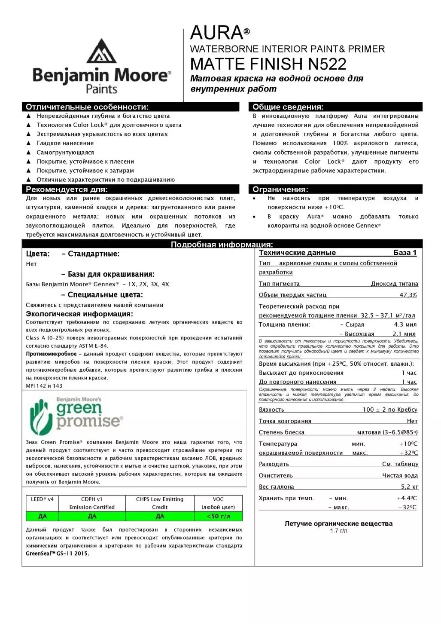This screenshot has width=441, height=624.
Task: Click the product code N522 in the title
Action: (x=327, y=64)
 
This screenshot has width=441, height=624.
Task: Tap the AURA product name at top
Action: (x=217, y=33)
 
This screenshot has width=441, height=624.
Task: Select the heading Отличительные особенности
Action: (x=87, y=107)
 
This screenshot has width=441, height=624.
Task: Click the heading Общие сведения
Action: (x=288, y=107)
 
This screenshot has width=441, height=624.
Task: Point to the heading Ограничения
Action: (x=280, y=190)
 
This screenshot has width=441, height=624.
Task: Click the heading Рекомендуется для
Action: (x=67, y=190)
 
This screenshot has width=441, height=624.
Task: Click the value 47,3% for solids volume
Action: (x=408, y=295)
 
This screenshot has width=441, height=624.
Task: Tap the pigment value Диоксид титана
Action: (x=394, y=284)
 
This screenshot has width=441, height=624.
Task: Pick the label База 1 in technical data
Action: (x=405, y=253)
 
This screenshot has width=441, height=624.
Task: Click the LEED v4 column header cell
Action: (x=42, y=499)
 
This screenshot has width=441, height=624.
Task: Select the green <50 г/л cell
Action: (x=218, y=516)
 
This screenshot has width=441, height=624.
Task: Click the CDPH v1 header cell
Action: (x=92, y=503)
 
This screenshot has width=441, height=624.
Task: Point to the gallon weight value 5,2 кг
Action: (x=409, y=487)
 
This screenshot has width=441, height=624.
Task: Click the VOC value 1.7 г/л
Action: (x=338, y=531)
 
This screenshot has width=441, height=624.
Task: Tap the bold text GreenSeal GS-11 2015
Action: (x=58, y=554)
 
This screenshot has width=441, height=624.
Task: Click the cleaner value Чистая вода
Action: (x=400, y=476)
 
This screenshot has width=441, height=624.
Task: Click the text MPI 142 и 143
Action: (x=44, y=386)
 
